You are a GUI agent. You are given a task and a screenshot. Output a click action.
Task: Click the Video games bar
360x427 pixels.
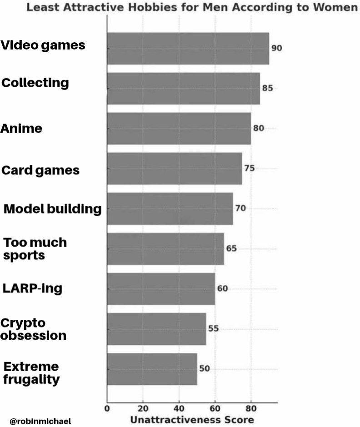coord(188,49)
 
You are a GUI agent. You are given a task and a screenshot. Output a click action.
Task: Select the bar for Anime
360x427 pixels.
coord(179,129)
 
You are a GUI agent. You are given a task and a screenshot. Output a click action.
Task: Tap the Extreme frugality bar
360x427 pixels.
coord(152,369)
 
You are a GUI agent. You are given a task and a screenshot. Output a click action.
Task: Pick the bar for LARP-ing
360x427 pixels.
coord(161,289)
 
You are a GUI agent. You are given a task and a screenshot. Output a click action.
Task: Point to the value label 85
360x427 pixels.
coord(268,88)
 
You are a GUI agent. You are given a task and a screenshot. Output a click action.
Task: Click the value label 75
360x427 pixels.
coord(250,168)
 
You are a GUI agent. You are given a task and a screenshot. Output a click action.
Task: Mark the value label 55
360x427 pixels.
coord(213,328)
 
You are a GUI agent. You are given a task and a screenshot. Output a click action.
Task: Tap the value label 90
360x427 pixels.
coord(277,48)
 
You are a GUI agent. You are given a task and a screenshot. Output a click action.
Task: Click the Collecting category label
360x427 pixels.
coord(35,83)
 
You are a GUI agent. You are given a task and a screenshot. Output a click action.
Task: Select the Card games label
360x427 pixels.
coord(40,170)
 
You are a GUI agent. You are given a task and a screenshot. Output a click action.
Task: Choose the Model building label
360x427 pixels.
coord(53,209)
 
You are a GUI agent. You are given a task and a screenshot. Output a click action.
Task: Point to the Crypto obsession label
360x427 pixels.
coord(33,329)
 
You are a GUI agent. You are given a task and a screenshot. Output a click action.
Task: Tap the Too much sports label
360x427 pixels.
coord(35,249)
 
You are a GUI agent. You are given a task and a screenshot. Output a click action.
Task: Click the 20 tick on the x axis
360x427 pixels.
coord(143,408)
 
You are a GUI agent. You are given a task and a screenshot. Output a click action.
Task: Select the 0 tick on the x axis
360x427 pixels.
coord(107,408)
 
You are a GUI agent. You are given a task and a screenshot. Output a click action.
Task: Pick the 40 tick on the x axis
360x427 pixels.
coord(179,408)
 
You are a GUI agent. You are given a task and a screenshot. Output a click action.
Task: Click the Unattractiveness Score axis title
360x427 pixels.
coord(192,420)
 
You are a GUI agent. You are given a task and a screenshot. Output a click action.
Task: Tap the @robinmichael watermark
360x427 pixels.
coord(40,421)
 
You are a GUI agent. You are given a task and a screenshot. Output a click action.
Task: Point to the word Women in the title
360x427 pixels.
coord(335,7)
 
